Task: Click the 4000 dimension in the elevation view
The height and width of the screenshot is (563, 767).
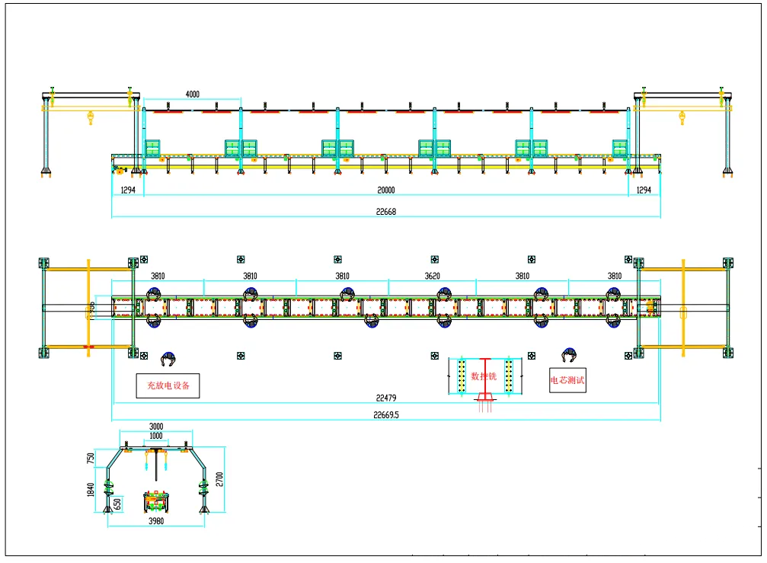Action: point(193,94)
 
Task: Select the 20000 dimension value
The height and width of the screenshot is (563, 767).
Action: point(386,190)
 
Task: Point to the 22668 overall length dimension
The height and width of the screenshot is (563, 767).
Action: point(386,212)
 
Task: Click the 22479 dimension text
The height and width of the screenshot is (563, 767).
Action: point(387,398)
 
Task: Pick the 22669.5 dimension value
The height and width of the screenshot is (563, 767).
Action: point(387,415)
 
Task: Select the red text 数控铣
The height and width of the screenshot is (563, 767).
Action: point(484,376)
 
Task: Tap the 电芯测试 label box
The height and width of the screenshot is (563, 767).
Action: point(568,379)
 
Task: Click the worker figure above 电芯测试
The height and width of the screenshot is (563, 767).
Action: point(568,356)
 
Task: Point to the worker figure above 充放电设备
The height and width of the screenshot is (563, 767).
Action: point(168,359)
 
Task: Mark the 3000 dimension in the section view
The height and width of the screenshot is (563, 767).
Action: point(156,427)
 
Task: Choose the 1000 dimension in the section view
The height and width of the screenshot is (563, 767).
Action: point(156,436)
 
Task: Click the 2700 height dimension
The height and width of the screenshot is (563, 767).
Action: point(220,479)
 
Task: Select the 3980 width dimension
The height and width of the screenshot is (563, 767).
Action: point(156,521)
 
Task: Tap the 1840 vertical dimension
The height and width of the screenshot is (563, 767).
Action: point(91,487)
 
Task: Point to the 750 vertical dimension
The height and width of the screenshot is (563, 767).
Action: point(91,458)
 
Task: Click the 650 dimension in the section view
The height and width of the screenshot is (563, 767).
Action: point(117,504)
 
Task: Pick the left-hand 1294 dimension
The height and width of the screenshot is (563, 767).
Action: point(127,190)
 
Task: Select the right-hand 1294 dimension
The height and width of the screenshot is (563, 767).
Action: point(644,190)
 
